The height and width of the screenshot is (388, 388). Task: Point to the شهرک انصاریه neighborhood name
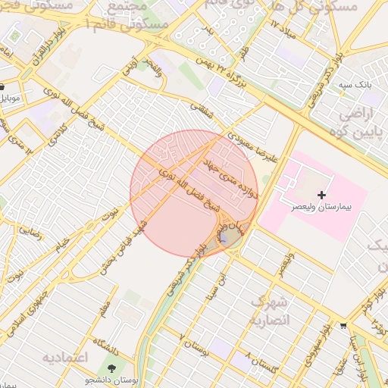pyautogui.click(x=271, y=312)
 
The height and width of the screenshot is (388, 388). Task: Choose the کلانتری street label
pyautogui.click(x=58, y=136)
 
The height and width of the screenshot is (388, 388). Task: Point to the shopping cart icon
pyautogui.click(x=344, y=327)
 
